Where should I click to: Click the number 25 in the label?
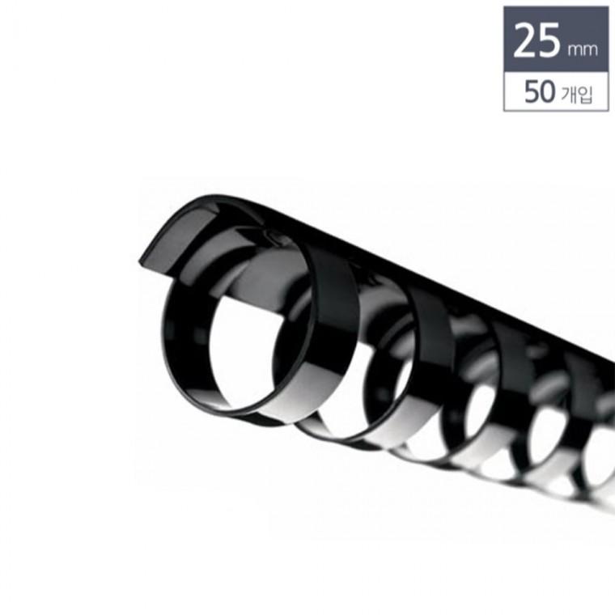(537, 40)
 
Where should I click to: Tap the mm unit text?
(583, 50)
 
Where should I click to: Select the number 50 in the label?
(540, 92)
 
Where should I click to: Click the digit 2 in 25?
(525, 40)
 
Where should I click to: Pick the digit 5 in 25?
(549, 40)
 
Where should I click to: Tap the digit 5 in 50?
(532, 92)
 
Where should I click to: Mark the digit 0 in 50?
(549, 92)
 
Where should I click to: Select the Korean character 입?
(585, 95)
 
